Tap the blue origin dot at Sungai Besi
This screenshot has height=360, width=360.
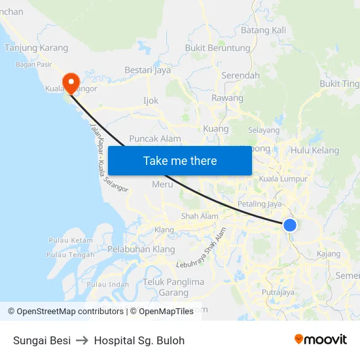(289, 225)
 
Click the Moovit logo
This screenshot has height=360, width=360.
(320, 339)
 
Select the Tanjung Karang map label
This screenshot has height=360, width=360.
(36, 48)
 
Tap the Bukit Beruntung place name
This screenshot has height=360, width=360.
(218, 48)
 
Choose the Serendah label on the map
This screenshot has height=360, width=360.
(240, 75)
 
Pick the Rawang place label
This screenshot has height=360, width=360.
(227, 98)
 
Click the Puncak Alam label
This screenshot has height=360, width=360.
(155, 139)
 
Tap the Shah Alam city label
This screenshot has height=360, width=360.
(200, 217)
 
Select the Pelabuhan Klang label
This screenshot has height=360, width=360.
(141, 249)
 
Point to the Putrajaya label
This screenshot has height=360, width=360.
(278, 293)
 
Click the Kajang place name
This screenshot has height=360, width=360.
(328, 253)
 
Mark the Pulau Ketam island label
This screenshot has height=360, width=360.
(70, 240)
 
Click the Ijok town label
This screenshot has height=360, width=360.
(151, 101)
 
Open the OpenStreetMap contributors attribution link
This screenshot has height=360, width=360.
(69, 312)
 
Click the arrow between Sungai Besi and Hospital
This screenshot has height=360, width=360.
(82, 340)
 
